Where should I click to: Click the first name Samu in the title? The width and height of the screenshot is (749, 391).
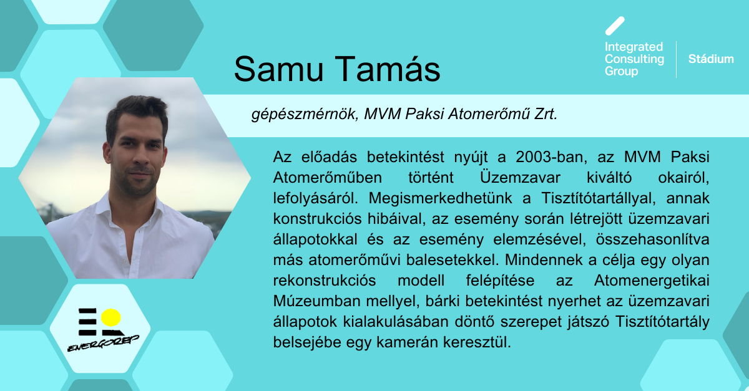[279, 69]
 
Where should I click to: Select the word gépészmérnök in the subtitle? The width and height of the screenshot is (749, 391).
[305, 114]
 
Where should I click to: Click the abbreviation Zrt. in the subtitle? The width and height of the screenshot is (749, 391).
[546, 114]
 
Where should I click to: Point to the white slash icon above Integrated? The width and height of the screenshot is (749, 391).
[615, 26]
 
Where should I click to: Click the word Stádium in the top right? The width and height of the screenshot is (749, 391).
[711, 59]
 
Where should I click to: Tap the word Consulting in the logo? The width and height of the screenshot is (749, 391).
[634, 59]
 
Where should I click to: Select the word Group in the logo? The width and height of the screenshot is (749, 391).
[621, 71]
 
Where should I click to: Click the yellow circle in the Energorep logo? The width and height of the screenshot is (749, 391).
[110, 317]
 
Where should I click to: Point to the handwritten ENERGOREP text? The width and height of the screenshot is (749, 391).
[103, 344]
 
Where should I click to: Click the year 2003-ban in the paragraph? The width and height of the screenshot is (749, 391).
[551, 157]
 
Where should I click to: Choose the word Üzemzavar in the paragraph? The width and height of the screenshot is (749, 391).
[520, 177]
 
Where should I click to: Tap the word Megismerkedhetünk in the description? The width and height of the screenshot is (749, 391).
[440, 198]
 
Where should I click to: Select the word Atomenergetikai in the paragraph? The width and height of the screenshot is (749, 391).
[652, 281]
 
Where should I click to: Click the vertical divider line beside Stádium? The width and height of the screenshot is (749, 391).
[677, 59]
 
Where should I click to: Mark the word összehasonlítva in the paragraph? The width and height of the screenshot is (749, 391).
[652, 239]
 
